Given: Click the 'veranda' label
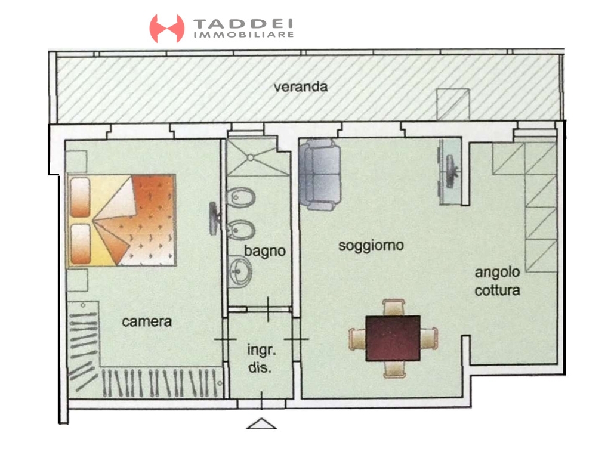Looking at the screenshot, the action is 301,86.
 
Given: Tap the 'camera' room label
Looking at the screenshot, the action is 147,321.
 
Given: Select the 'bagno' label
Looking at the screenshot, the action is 265,251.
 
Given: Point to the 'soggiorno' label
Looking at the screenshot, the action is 371,246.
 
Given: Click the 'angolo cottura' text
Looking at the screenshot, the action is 497,281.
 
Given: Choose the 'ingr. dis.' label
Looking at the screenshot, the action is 261,358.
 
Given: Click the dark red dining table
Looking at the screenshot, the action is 393,339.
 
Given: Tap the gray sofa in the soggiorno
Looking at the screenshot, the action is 320,174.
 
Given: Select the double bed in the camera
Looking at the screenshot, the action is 122,220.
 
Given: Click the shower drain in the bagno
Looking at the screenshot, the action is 251,157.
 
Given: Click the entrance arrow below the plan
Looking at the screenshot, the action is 261,424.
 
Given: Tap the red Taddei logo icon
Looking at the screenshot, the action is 167,29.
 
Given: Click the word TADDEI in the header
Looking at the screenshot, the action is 243,24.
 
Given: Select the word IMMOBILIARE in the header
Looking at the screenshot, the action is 243,35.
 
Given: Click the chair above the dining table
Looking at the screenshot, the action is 394,307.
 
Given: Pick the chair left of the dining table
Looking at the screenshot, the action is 357,339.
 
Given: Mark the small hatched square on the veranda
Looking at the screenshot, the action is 453,104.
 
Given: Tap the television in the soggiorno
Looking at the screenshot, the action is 452,172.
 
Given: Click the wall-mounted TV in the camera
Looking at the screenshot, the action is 214,218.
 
